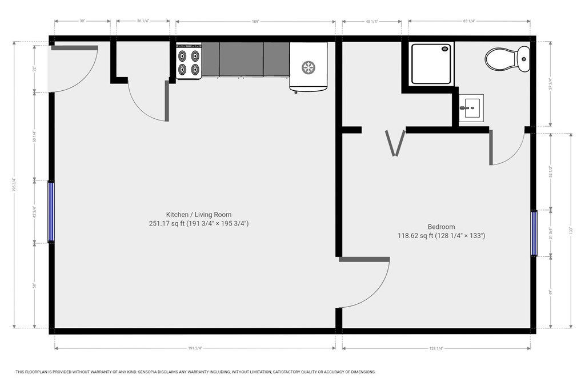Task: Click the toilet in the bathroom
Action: click(507, 59)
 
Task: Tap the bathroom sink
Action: click(471, 107)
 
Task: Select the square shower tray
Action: click(432, 64)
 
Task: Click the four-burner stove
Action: click(189, 62)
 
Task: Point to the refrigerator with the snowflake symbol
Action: click(308, 67)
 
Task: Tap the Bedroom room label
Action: click(441, 227)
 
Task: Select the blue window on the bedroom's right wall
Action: click(534, 234)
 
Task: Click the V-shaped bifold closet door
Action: click(395, 143)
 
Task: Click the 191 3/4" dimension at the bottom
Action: click(194, 348)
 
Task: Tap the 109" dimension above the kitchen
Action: click(255, 22)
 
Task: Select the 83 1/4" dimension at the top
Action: click(468, 22)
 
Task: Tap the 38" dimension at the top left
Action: click(82, 22)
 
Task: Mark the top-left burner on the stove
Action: click(183, 55)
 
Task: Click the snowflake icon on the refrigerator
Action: click(308, 67)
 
